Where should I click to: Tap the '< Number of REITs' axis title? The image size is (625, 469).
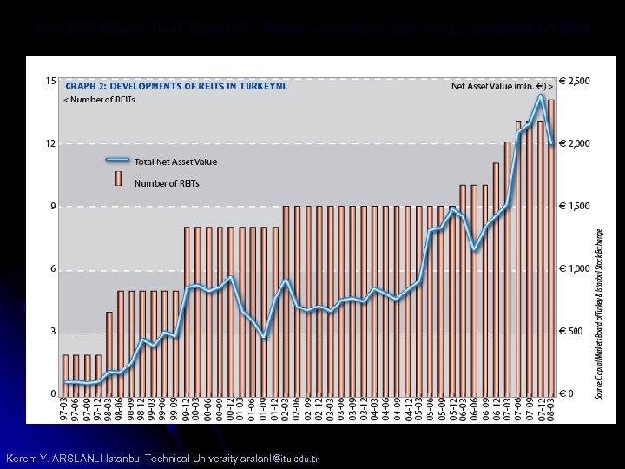point(99,100)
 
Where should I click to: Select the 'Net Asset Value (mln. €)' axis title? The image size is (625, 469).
point(507,86)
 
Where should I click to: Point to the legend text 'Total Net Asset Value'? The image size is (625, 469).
point(175,162)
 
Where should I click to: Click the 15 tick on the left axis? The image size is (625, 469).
point(50,81)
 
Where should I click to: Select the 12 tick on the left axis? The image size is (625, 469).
point(50,143)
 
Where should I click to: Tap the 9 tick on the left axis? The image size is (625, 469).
point(52,207)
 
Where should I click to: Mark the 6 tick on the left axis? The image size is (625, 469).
point(52,269)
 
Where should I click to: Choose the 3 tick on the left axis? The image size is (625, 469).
point(52,332)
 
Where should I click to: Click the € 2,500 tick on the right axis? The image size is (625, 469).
point(573,81)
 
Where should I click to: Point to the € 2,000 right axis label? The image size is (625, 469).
point(573,143)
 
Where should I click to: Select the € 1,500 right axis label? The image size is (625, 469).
point(573,207)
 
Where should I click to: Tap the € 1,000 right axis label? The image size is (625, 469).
point(573,269)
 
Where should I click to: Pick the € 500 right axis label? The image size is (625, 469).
point(569,332)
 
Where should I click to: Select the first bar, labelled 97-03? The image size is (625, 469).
point(65,374)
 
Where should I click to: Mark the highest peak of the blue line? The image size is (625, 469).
point(542,95)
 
